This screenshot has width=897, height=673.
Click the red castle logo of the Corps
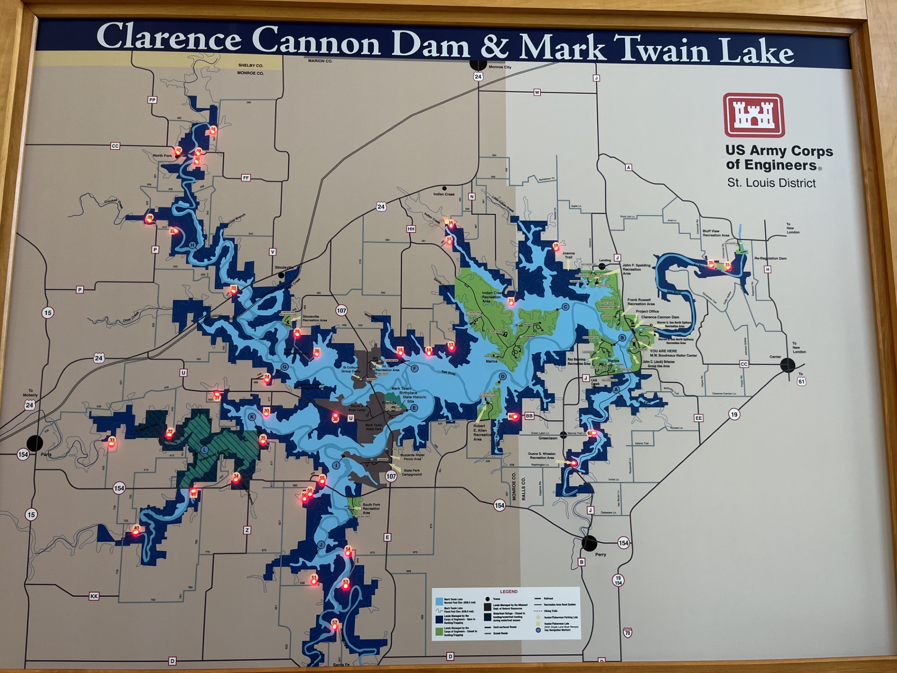(754, 115)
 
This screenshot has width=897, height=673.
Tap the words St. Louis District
(771, 183)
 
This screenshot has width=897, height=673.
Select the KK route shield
(94, 596)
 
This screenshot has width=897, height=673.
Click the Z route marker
(247, 530)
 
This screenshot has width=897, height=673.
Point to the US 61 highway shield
(801, 381)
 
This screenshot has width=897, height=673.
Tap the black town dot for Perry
(589, 543)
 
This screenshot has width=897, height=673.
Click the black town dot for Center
(788, 365)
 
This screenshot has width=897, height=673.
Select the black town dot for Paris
(35, 443)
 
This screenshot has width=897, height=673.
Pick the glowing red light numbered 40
(136, 530)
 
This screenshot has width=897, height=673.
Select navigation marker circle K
(252, 417)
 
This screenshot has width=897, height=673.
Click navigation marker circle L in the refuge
(204, 450)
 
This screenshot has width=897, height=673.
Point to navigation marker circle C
(565, 307)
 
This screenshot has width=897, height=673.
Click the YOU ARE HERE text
(663, 351)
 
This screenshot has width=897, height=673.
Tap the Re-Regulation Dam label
(770, 258)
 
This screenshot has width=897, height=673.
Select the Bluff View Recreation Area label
(715, 233)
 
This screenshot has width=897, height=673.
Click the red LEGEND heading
(508, 592)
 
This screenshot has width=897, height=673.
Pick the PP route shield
(152, 100)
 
